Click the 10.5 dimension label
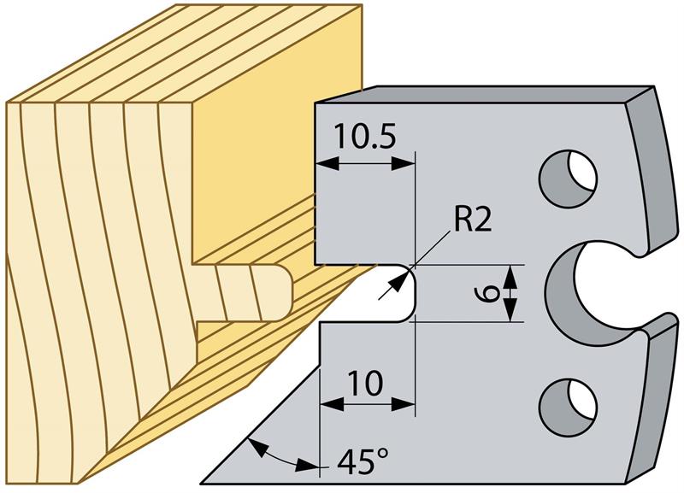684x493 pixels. [x=365, y=136]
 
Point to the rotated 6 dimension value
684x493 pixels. [x=485, y=292]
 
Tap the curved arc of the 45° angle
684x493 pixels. [x=275, y=454]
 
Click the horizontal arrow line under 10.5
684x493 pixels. [x=365, y=163]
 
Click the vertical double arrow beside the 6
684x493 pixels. [x=511, y=292]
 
